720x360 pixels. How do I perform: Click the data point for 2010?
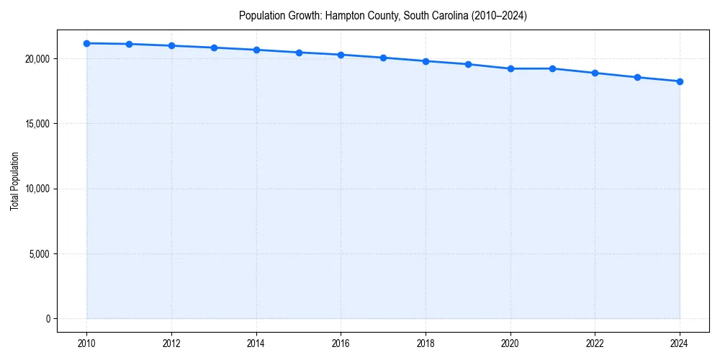click(86, 43)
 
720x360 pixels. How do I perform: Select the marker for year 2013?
click(214, 48)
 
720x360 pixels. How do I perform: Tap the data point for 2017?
click(383, 58)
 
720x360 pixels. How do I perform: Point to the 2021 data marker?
click(552, 68)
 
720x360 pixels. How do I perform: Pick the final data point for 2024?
click(680, 81)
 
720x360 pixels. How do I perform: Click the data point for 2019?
click(468, 64)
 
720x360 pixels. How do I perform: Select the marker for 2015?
click(299, 53)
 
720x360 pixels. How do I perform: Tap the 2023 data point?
click(637, 77)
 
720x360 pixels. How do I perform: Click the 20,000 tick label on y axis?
click(37, 58)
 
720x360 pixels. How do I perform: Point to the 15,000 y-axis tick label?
click(37, 124)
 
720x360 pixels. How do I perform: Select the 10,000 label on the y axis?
click(37, 189)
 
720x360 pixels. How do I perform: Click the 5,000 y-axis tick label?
click(39, 253)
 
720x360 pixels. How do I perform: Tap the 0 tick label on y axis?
click(47, 319)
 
